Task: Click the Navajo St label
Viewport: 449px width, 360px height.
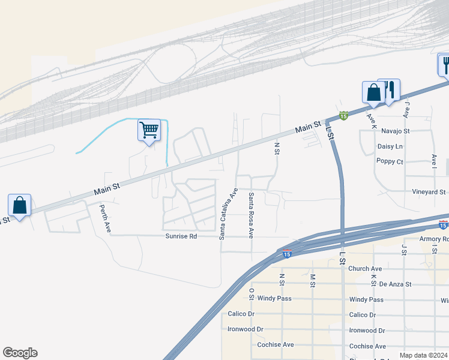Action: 394,131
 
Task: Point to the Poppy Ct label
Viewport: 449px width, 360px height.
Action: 390,161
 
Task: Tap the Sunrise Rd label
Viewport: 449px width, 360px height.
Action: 181,236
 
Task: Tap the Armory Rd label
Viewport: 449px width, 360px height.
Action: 433,239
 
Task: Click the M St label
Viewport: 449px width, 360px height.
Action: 313,280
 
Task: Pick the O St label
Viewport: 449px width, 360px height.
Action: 252,294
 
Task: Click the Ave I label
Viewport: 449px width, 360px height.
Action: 434,160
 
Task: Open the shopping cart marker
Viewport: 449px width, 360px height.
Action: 149,130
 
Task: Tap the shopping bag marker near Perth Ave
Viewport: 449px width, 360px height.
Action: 20,205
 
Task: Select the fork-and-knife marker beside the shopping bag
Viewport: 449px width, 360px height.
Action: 390,90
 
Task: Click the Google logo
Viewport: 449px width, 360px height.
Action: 20,353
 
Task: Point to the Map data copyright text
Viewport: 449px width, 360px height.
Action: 423,355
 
